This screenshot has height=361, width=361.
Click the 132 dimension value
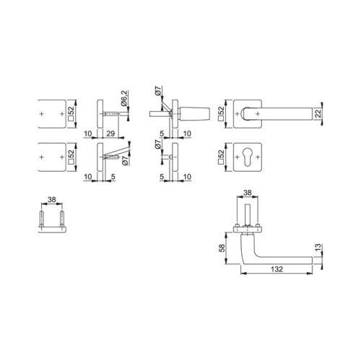pos(277,269)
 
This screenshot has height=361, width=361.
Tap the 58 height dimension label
pos(222,248)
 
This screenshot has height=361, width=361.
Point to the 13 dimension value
pos(318,248)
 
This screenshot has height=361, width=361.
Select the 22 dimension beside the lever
pos(318,113)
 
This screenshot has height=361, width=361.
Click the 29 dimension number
pos(110,134)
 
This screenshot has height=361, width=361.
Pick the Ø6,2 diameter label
pos(124,98)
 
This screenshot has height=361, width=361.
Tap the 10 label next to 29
pos(88,134)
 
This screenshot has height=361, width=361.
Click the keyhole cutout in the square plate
pos(248,157)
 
